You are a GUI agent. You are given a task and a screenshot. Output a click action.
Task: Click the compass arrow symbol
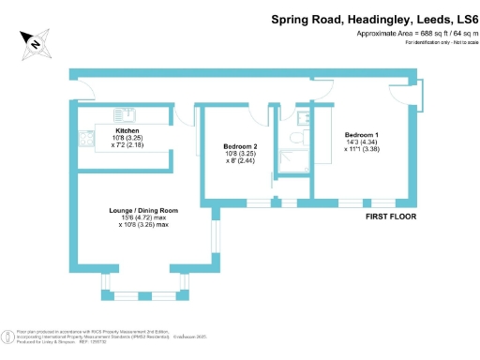[x=35, y=40]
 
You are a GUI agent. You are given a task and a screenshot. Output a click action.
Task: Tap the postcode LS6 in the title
[x=459, y=18]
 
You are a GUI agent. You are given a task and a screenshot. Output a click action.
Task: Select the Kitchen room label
[x=127, y=130]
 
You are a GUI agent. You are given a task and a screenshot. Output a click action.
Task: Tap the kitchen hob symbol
[x=86, y=139]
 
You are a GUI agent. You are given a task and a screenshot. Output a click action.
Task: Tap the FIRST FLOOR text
[x=391, y=217]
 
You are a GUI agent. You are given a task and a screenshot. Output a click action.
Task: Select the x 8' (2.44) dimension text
[x=241, y=161]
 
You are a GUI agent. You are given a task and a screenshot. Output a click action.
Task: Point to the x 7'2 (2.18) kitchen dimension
[x=127, y=144]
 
